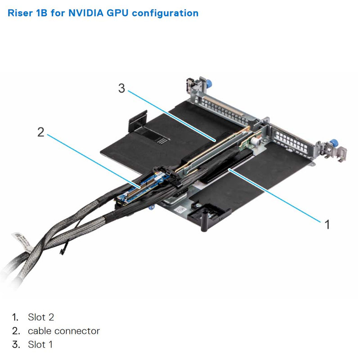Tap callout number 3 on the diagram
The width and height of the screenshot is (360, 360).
click(121, 88)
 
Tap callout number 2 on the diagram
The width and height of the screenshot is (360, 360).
click(41, 132)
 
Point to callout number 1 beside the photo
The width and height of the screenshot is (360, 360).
click(327, 224)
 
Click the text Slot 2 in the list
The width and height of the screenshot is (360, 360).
click(41, 317)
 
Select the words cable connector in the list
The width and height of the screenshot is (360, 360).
click(64, 331)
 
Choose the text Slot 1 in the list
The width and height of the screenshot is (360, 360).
click(40, 345)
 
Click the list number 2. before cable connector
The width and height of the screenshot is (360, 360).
click(16, 331)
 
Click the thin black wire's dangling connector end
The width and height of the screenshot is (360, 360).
click(60, 253)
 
